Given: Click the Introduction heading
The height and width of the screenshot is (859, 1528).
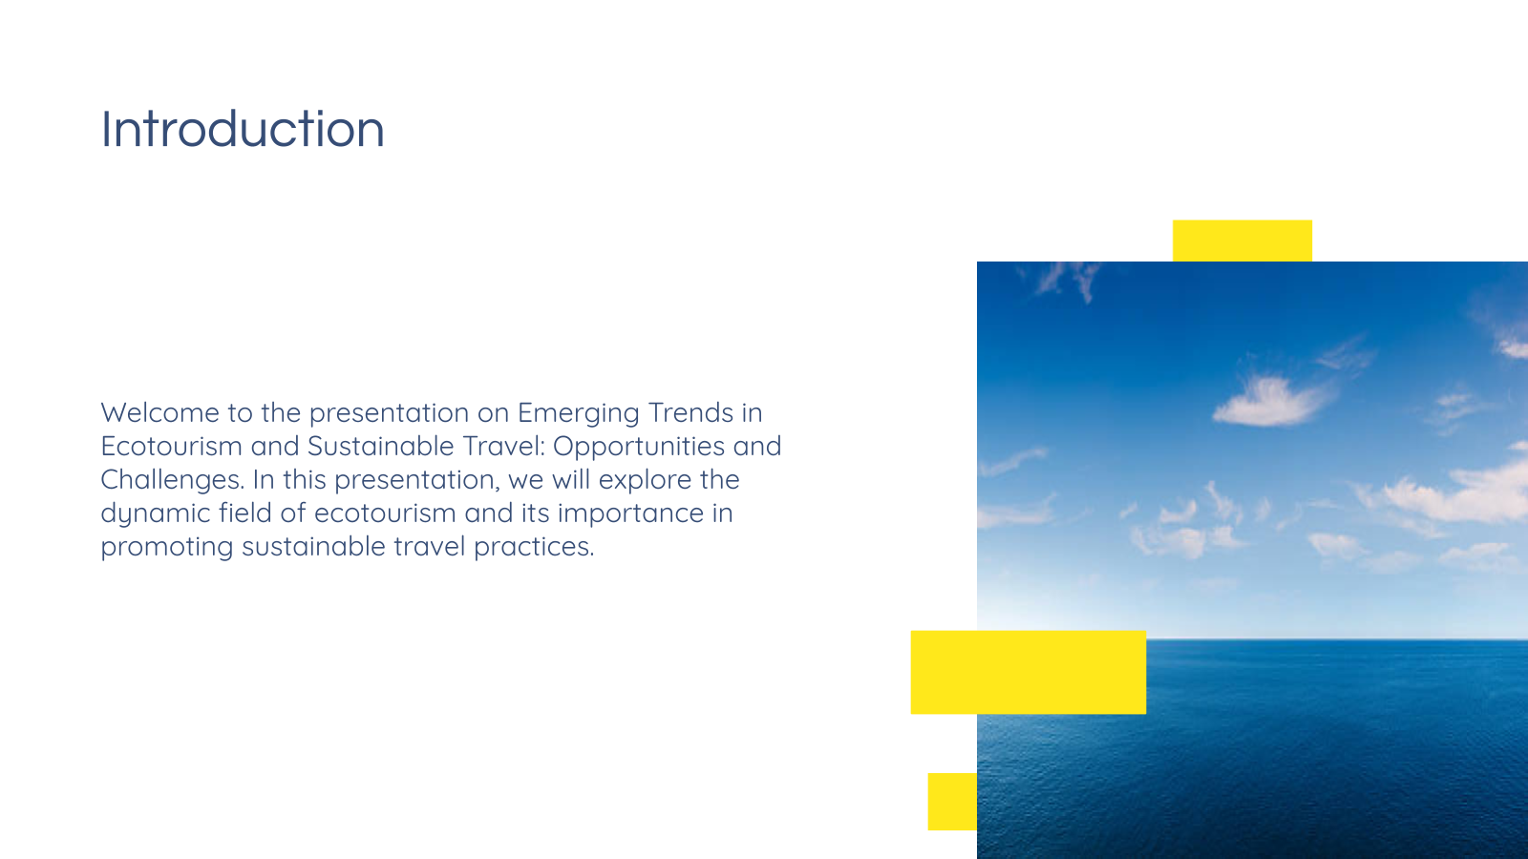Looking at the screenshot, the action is (x=243, y=129).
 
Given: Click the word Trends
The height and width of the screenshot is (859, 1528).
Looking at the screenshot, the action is (x=690, y=412).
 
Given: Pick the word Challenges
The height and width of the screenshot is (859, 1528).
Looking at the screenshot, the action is (x=172, y=479).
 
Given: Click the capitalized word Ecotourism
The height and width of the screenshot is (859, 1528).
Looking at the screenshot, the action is (x=171, y=446).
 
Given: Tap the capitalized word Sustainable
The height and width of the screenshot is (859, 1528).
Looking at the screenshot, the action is (x=381, y=446).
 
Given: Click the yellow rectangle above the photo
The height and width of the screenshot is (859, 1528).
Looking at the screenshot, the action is (x=1242, y=241).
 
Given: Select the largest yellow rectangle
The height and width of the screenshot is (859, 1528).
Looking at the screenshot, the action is (x=1028, y=672).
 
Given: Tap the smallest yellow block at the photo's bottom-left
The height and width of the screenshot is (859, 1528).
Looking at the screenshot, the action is (x=952, y=801).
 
